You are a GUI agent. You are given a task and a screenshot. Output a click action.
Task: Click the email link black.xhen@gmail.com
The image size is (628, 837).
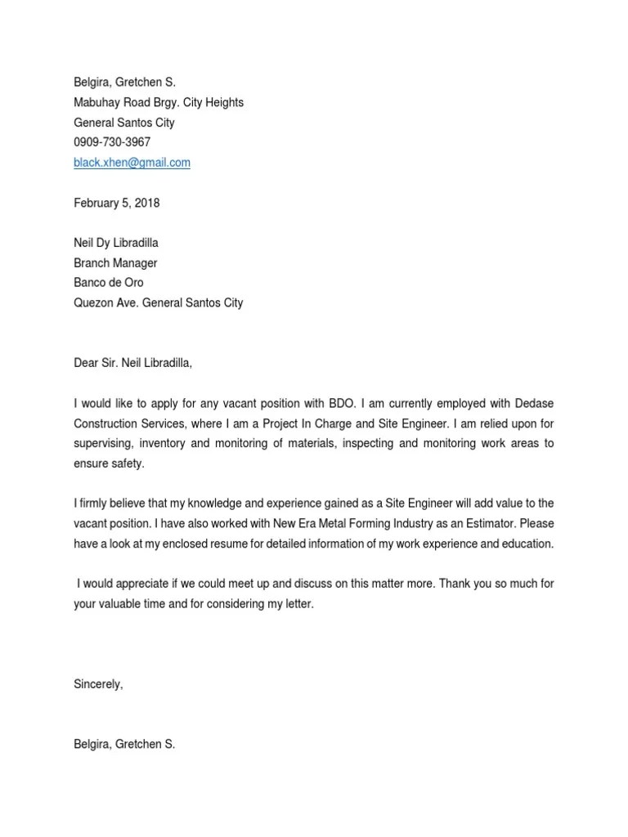(132, 163)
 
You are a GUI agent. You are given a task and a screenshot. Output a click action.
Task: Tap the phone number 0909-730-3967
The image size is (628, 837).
(112, 142)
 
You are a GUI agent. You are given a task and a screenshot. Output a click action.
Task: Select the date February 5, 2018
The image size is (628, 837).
(117, 203)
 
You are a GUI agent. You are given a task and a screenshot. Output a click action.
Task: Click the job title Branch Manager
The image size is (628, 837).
(115, 263)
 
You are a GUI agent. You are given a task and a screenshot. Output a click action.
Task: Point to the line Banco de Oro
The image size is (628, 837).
(109, 283)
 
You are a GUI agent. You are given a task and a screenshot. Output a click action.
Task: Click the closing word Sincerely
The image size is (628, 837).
(97, 685)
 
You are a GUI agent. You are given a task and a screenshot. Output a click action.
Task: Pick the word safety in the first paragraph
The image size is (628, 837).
(128, 463)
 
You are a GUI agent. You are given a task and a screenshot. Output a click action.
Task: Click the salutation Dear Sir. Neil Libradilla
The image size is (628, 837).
(133, 363)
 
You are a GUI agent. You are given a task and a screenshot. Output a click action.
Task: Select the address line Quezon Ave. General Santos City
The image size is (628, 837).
(159, 302)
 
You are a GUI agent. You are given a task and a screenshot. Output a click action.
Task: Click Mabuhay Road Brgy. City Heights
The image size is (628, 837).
(159, 102)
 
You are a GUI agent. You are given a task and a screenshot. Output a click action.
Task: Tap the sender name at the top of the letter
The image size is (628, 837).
(124, 83)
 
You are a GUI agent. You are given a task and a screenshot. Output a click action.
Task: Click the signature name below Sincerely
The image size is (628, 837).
(124, 745)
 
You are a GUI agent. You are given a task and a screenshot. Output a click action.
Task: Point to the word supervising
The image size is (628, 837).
(103, 444)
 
